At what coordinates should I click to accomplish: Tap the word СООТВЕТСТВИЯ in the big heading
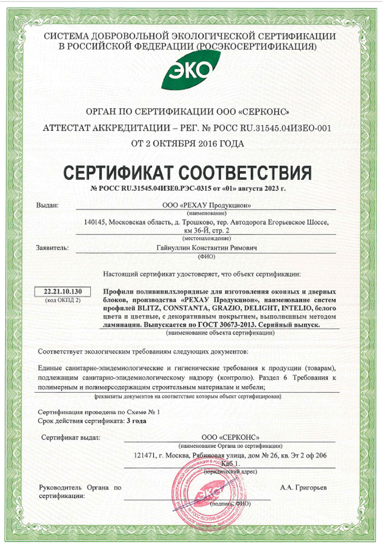coord(245,173)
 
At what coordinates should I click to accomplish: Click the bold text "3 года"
coord(136,420)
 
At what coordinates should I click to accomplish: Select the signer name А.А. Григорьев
coord(304,487)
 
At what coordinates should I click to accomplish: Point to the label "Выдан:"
coord(47,205)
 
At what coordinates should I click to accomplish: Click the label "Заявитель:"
coord(52,248)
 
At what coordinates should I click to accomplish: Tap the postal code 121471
coord(144,456)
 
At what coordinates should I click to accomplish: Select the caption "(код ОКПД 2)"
coord(63,300)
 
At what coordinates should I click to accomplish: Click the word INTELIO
coord(296,308)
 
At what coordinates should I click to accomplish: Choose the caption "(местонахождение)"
coord(206,238)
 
